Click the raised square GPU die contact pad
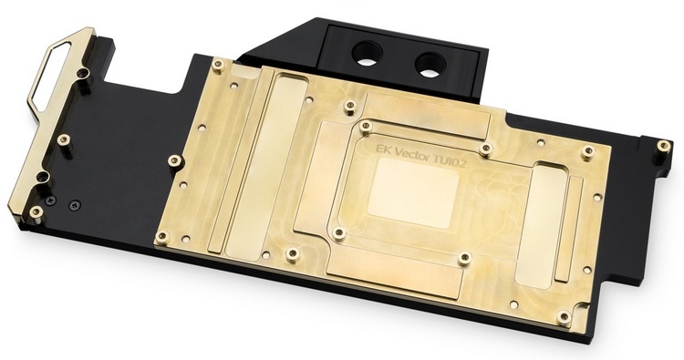(x=413, y=194)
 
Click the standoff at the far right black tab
(x=663, y=145)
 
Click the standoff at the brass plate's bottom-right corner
(x=565, y=317)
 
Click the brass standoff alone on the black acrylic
(x=64, y=139)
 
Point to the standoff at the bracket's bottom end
(x=36, y=212)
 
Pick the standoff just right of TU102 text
(x=486, y=149)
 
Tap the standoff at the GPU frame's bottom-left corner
(x=338, y=233)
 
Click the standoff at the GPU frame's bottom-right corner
(x=463, y=259)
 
